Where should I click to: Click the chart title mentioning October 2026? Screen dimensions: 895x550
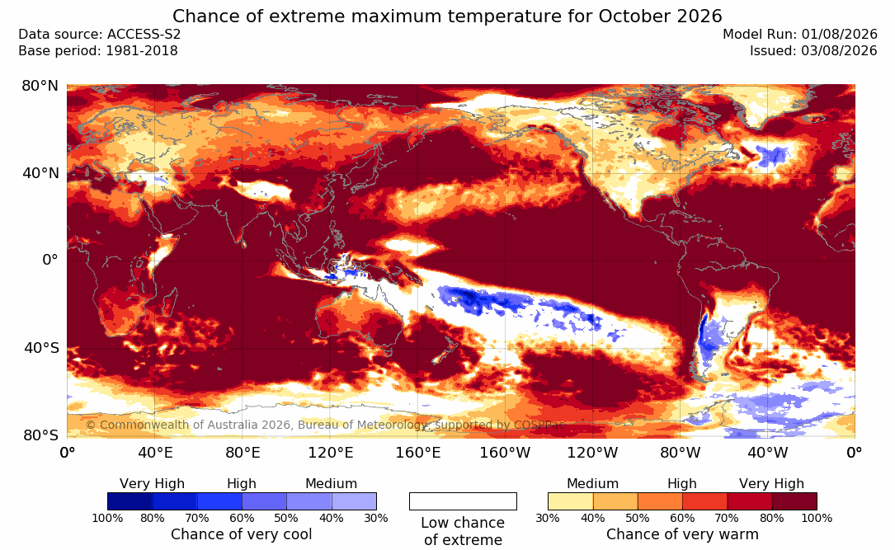click(x=447, y=16)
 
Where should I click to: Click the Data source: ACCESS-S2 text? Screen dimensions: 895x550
click(x=99, y=35)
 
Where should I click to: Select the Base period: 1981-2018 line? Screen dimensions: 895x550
click(x=98, y=51)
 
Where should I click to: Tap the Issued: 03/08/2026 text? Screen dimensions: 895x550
click(x=813, y=51)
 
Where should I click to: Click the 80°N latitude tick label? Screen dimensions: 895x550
click(x=40, y=86)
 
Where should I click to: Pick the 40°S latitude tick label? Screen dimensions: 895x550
click(x=41, y=347)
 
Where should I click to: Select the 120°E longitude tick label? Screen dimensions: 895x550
click(x=331, y=453)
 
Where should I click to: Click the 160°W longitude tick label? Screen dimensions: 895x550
click(x=505, y=453)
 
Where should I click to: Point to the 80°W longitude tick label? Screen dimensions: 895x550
click(x=680, y=453)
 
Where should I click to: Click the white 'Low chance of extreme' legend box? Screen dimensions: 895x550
click(x=463, y=501)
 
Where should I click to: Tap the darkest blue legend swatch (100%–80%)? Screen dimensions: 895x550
click(x=130, y=501)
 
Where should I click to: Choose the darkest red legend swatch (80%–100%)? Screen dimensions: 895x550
click(x=794, y=501)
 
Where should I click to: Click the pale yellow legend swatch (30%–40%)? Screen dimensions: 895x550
click(x=570, y=501)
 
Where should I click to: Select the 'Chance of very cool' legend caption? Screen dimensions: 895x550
click(x=242, y=534)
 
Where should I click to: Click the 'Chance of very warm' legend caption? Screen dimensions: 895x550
click(x=682, y=534)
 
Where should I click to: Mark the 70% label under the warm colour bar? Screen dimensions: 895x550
click(x=728, y=518)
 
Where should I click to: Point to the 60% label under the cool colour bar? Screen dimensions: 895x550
click(x=242, y=518)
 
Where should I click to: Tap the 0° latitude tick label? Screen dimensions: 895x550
click(x=50, y=261)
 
